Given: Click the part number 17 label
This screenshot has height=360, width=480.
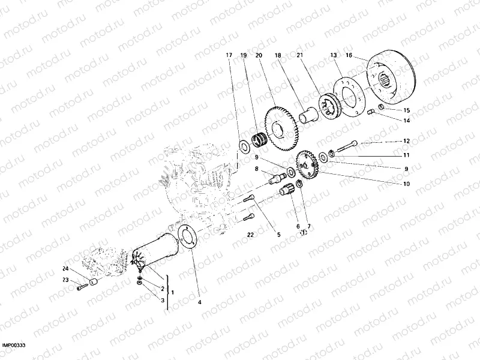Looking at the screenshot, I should pos(229,55).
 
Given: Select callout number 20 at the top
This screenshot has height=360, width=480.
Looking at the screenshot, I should pos(259,55).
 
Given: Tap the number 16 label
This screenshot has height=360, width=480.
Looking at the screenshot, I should pos(350,55).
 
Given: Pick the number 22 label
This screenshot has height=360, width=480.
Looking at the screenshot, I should pos(250,235).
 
